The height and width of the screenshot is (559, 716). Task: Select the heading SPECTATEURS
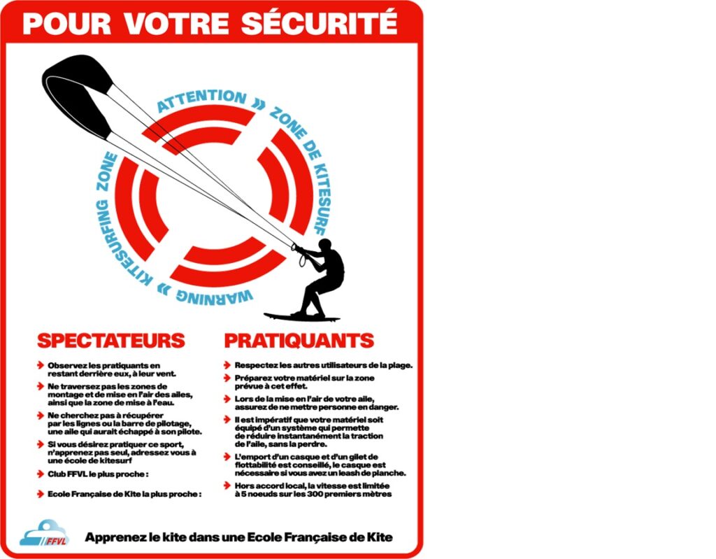[x=110, y=341]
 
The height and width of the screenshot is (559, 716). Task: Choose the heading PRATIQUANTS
[x=299, y=341]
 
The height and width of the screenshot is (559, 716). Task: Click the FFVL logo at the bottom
[x=43, y=535]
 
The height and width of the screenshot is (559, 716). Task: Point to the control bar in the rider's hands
[x=297, y=248]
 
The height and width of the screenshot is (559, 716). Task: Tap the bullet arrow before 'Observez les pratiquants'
[x=41, y=366]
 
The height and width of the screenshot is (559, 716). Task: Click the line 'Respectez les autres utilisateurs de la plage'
[x=323, y=365]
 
